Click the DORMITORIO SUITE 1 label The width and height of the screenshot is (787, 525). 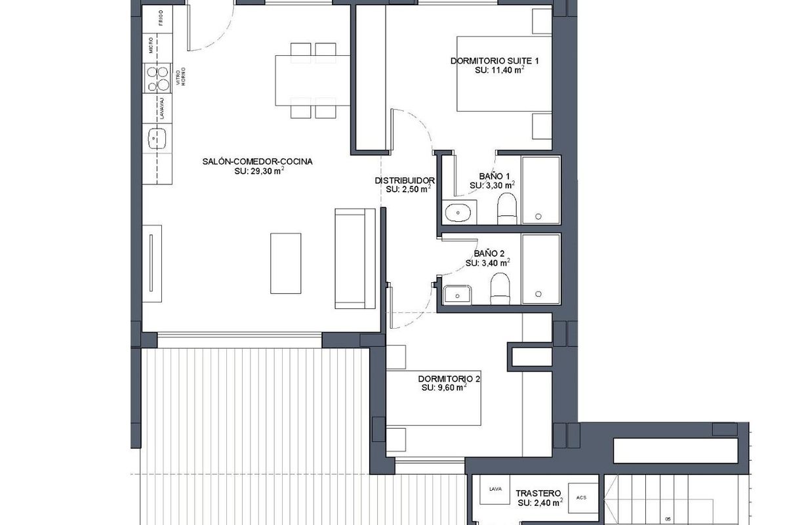click(x=494, y=61)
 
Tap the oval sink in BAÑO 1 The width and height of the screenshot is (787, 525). click(x=456, y=213)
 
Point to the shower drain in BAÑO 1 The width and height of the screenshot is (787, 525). click(x=538, y=216)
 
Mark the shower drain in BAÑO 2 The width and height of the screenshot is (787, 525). click(x=538, y=294)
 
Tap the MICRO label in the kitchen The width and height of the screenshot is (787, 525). click(x=151, y=45)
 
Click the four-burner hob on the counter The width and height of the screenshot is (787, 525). click(x=157, y=78)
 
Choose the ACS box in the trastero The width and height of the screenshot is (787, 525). click(x=581, y=497)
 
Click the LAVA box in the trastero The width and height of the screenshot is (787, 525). click(x=494, y=489)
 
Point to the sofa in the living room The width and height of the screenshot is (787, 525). click(x=355, y=258)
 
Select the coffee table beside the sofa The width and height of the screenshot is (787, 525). click(x=285, y=263)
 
